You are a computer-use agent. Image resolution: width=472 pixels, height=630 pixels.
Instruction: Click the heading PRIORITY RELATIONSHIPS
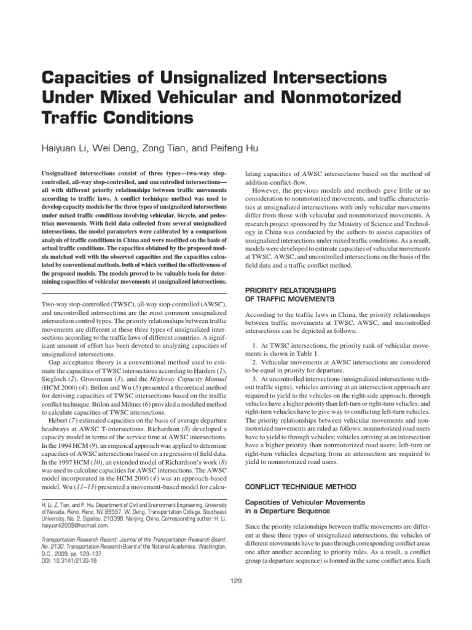click(x=291, y=289)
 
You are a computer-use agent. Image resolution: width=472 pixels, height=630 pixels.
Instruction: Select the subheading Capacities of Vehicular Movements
click(x=305, y=485)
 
